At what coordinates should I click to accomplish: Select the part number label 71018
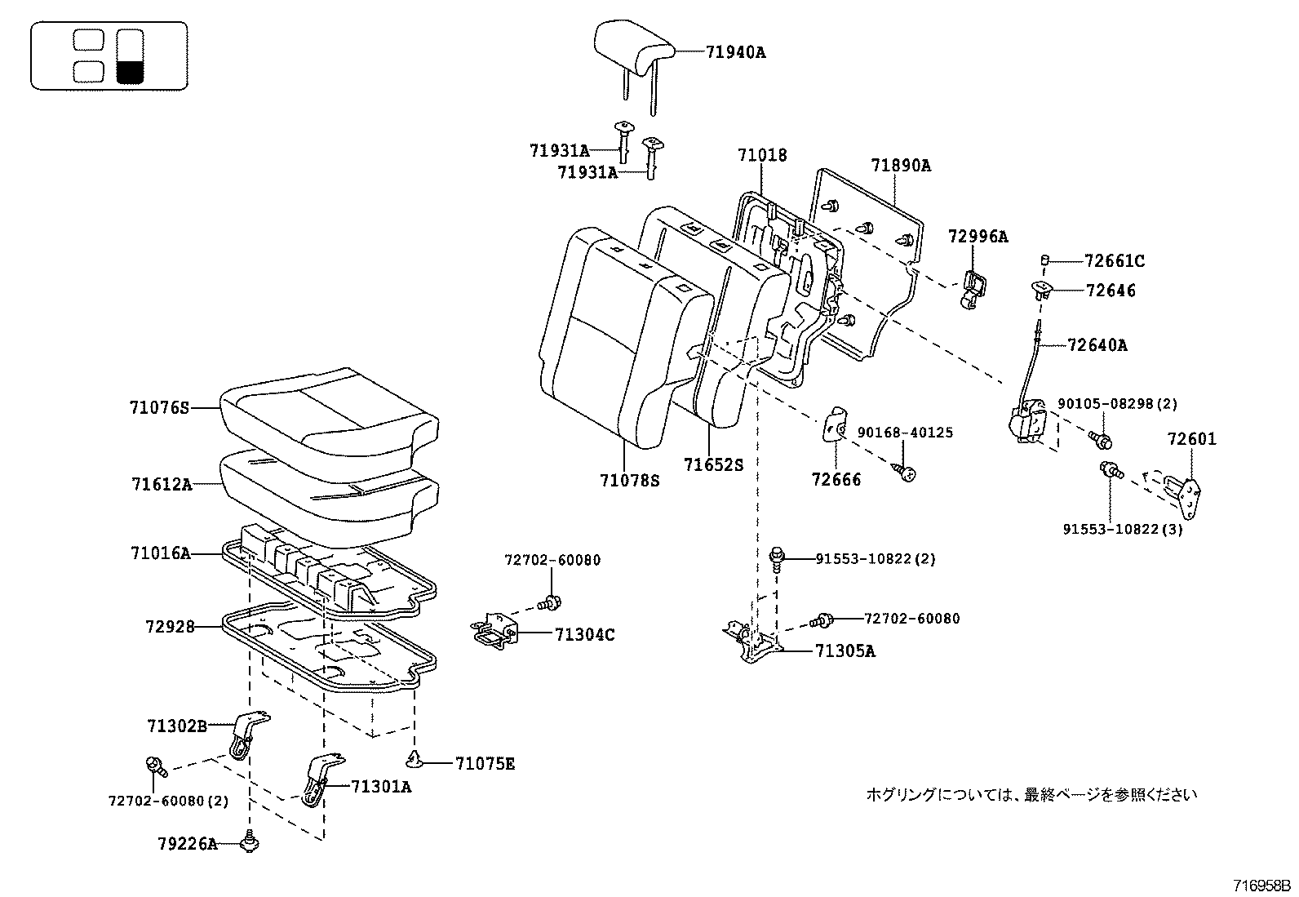pyautogui.click(x=762, y=155)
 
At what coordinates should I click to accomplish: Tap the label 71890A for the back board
pyautogui.click(x=900, y=165)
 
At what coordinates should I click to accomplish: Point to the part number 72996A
pyautogui.click(x=978, y=237)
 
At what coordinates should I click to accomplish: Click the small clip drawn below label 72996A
pyautogui.click(x=971, y=290)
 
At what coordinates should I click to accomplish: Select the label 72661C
pyautogui.click(x=1115, y=261)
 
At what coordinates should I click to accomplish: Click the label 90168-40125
pyautogui.click(x=904, y=433)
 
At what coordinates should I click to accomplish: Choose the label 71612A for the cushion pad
pyautogui.click(x=161, y=484)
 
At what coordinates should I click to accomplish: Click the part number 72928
pyautogui.click(x=170, y=627)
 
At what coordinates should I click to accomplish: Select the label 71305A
pyautogui.click(x=845, y=651)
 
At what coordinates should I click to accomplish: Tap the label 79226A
pyautogui.click(x=188, y=844)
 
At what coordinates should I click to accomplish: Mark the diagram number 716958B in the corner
pyautogui.click(x=1261, y=886)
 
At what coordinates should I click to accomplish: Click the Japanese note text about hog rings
pyautogui.click(x=1031, y=793)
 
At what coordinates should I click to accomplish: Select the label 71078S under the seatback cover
pyautogui.click(x=628, y=482)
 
